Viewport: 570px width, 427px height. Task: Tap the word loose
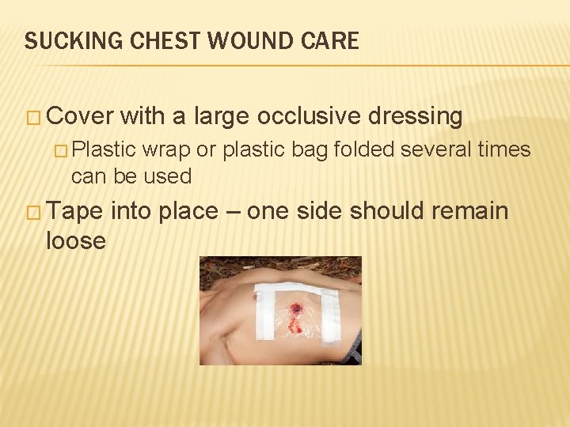(x=76, y=240)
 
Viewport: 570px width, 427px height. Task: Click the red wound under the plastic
(x=297, y=311)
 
